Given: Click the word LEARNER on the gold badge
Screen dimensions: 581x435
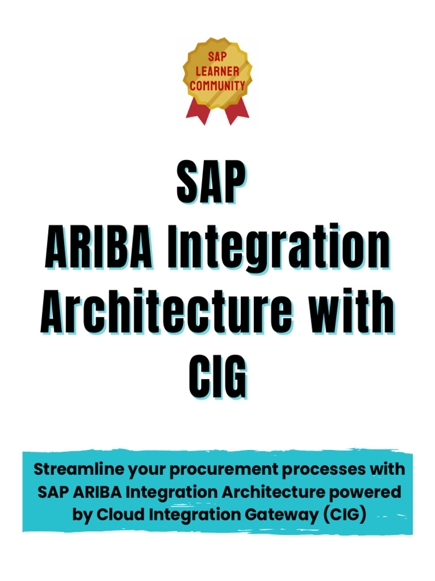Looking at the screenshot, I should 217,71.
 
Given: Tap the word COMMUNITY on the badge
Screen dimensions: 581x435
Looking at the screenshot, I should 217,86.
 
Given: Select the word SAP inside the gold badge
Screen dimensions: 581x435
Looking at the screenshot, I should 217,57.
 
